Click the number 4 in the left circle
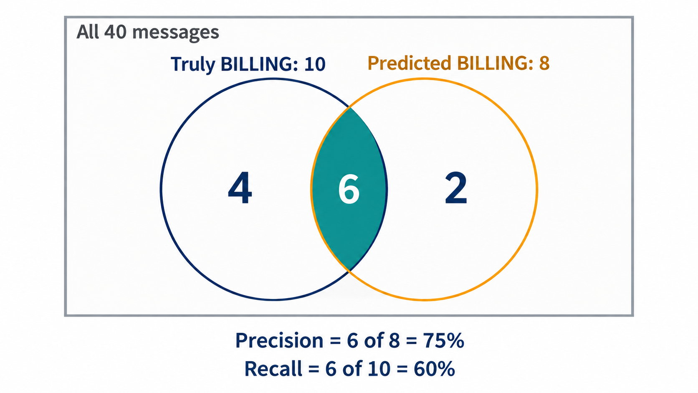(x=240, y=188)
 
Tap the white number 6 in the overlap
(x=349, y=189)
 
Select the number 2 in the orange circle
(x=456, y=188)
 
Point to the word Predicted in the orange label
(x=410, y=63)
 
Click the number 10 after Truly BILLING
(x=315, y=64)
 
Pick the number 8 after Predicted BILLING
(x=544, y=63)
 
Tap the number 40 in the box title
(x=115, y=32)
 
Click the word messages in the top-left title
(x=176, y=33)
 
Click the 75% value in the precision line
(x=443, y=340)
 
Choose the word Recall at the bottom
(x=273, y=369)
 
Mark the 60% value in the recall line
(x=434, y=369)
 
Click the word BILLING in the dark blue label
(x=260, y=64)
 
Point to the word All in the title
(x=88, y=32)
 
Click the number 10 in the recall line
(x=379, y=369)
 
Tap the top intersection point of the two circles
(x=350, y=107)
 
